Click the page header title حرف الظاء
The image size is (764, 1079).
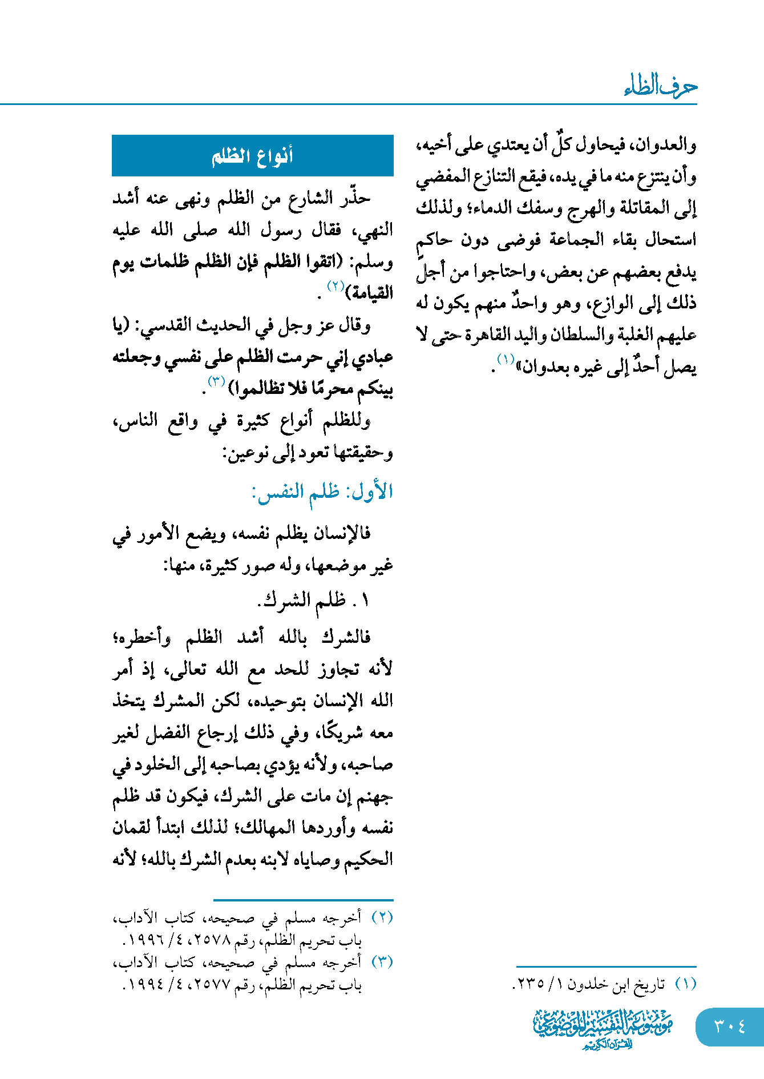coord(661,86)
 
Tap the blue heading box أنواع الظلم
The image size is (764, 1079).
coord(252,155)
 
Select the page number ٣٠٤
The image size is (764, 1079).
coord(729,1027)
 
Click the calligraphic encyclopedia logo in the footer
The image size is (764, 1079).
coord(603,1028)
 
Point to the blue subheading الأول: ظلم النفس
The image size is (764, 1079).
coord(322,492)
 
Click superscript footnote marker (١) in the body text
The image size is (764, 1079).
coord(506,360)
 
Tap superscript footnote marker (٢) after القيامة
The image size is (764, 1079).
coord(335,286)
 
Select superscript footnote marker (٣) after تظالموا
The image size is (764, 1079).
coord(216,381)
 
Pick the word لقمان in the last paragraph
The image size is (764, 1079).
coord(135,828)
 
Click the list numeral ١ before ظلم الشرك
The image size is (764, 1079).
coord(365,600)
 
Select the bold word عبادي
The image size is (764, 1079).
coord(371,357)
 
